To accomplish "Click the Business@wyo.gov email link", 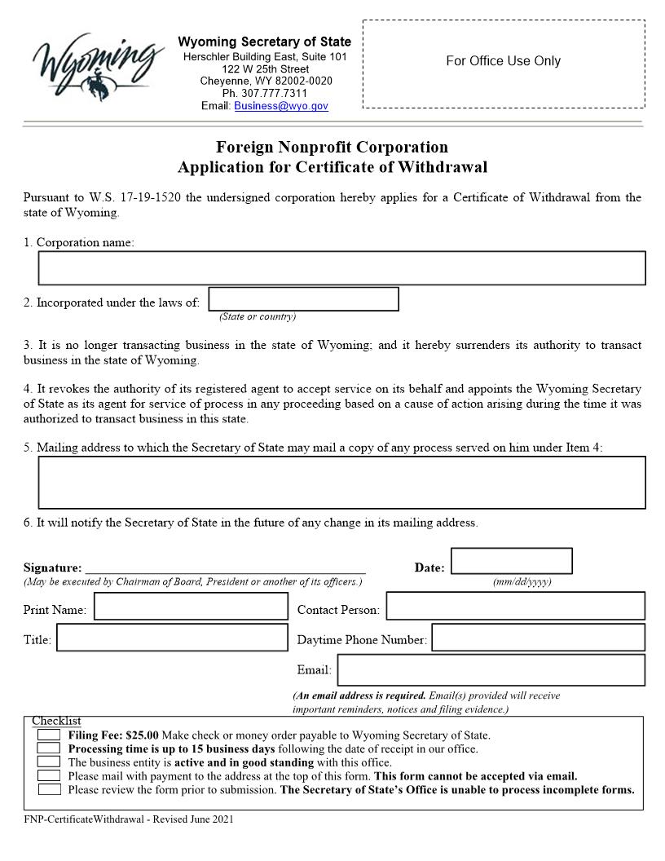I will point(280,106).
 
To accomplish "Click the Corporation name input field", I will point(341,268).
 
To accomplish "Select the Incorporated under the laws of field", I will point(303,299).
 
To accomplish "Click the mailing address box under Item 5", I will point(341,482).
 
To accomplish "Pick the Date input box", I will point(511,561).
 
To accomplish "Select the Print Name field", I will point(191,607).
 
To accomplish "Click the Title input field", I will point(172,638).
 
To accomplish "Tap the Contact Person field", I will point(515,607).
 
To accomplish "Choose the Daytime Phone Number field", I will point(538,638).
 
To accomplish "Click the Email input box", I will point(491,670).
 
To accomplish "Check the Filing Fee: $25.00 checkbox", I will point(49,735).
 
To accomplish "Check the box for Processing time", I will point(49,748).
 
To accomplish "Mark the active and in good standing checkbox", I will point(49,762).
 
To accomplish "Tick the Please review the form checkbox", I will point(49,789).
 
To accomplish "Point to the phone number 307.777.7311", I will point(265,94).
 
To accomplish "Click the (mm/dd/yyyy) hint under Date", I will point(522,581).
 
